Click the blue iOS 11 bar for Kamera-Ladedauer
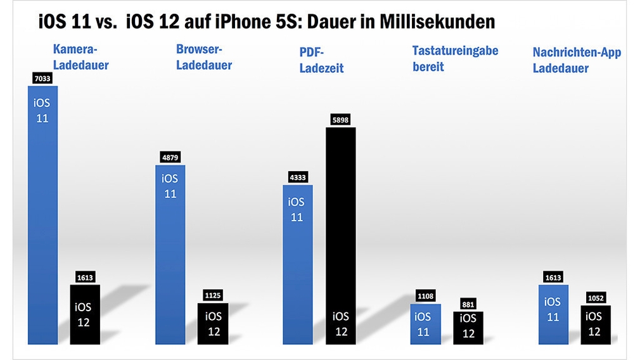42,215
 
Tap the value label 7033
42,79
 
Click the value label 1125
214,295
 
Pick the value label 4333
297,177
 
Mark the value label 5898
340,120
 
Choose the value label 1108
425,296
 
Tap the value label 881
468,303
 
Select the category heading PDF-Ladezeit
321,61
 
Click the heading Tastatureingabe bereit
455,58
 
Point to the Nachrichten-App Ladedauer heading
577,60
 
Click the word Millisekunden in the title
437,22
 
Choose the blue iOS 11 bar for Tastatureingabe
425,324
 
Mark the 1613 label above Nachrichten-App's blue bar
552,277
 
